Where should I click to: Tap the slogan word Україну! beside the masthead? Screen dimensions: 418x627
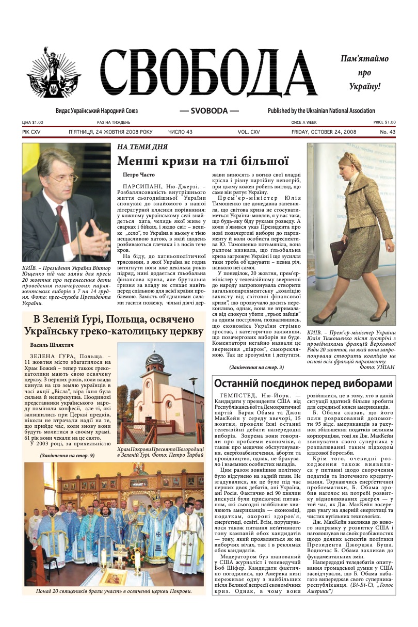[x=364, y=86]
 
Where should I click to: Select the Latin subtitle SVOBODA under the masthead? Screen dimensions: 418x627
[x=209, y=111]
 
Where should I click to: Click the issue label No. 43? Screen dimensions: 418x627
[x=388, y=132]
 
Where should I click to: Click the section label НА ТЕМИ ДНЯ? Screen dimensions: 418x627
[x=142, y=147]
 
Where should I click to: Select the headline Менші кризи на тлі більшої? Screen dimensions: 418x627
[x=202, y=161]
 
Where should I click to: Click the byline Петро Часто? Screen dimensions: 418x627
[x=138, y=175]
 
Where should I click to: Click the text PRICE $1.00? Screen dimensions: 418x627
[x=384, y=122]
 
